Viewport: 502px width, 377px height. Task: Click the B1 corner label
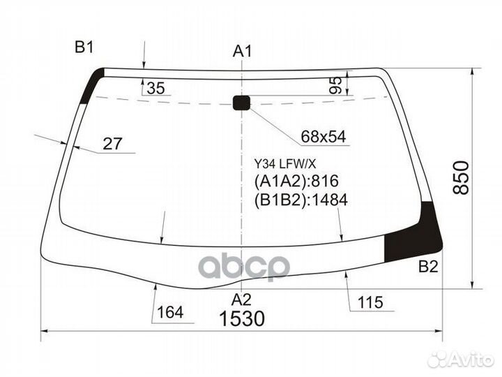tap(84, 47)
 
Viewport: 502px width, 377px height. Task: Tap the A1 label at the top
tap(242, 51)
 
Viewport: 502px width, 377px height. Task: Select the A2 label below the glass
tap(241, 300)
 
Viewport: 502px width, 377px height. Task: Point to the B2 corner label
tap(427, 266)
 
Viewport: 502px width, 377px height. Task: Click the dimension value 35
tap(157, 89)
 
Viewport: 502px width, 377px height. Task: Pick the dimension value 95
tap(335, 85)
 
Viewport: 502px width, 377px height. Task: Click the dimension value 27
tap(112, 145)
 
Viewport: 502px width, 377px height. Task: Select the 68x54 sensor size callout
tap(324, 137)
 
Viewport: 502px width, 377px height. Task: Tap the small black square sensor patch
tap(241, 103)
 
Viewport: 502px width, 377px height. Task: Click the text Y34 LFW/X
tap(284, 165)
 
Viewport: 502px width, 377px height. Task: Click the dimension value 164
tap(171, 312)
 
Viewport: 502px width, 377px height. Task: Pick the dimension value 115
tap(371, 303)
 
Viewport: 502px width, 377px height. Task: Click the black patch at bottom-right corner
tap(413, 230)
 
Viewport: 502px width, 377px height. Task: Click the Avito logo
tap(460, 359)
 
